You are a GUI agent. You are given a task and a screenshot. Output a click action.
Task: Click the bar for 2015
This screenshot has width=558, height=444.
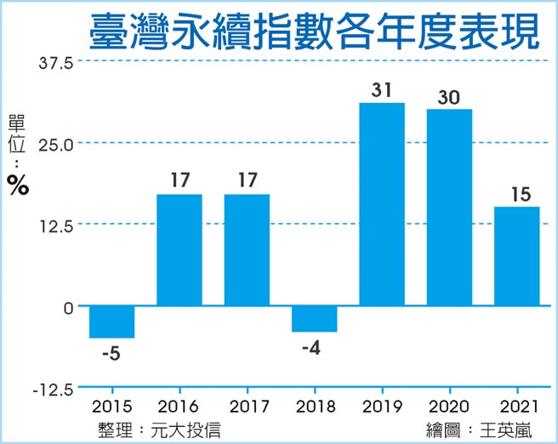pos(111,322)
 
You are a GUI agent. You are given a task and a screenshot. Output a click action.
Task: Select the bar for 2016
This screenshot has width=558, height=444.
pos(179,250)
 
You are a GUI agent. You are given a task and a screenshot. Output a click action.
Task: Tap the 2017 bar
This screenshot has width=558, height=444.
pos(247,250)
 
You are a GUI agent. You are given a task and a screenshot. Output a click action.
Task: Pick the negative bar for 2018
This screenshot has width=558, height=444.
pos(314,318)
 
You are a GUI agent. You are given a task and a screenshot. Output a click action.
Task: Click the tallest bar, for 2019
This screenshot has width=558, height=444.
pos(382,204)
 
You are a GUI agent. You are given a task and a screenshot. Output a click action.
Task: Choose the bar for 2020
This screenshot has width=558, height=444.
pos(449,208)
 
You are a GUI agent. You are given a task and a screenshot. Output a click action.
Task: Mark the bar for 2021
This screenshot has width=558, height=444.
pos(516,256)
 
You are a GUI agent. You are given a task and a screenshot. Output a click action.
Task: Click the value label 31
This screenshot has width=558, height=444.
pos(381,89)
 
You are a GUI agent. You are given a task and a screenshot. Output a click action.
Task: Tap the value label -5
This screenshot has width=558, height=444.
pos(111,352)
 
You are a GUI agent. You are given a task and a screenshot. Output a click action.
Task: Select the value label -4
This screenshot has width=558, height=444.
pos(314,346)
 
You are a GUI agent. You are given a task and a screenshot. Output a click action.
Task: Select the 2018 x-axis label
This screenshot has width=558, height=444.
pos(314,407)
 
